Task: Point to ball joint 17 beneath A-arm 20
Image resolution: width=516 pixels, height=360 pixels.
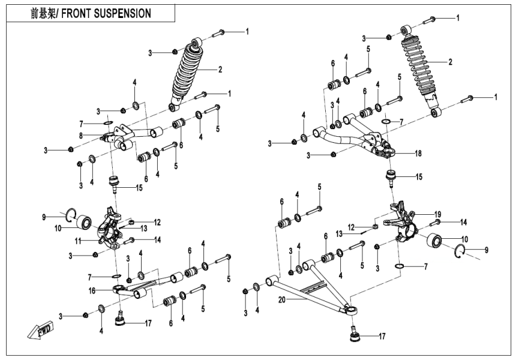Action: (x=355, y=333)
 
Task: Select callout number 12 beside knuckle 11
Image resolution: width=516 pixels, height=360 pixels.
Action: (x=157, y=222)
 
